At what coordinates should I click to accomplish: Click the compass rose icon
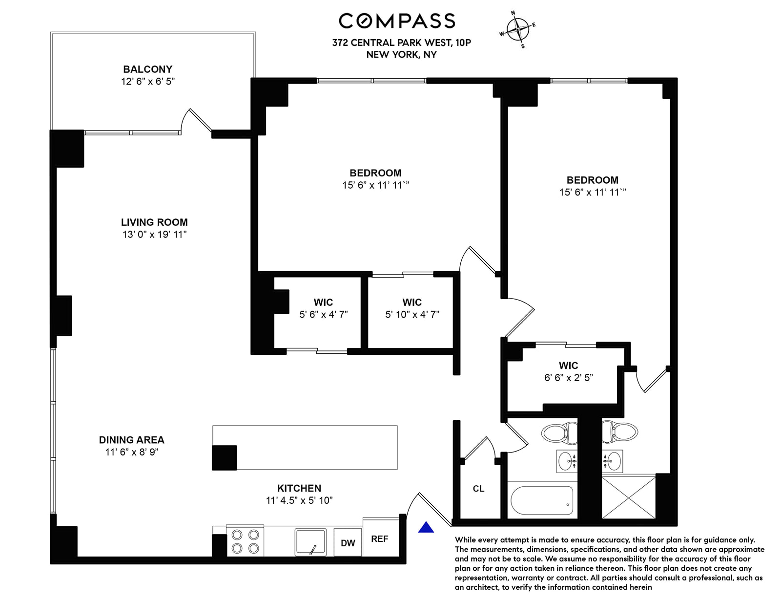point(517,29)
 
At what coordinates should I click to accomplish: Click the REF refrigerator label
point(380,539)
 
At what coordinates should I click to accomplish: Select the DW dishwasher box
point(348,542)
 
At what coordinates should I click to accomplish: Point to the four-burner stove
point(245,540)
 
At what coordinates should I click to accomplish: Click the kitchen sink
point(310,542)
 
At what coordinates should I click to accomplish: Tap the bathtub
point(542,500)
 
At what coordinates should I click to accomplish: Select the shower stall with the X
point(629,498)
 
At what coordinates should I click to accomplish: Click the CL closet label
point(478,489)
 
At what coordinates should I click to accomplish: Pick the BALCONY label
point(148,69)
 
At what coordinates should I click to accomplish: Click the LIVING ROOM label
point(154,222)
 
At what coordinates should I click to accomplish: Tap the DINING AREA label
point(131,440)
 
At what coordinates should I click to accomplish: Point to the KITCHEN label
point(299,488)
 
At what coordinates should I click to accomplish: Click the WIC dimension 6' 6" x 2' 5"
point(568,377)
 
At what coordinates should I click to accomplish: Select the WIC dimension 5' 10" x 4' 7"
point(412,314)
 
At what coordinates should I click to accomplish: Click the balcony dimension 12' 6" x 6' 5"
point(148,81)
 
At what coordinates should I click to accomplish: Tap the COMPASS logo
point(397,21)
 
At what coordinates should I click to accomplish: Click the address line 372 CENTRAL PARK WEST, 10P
point(401,43)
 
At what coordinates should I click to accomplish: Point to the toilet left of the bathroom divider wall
point(559,432)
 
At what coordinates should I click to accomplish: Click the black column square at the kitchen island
point(224,458)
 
